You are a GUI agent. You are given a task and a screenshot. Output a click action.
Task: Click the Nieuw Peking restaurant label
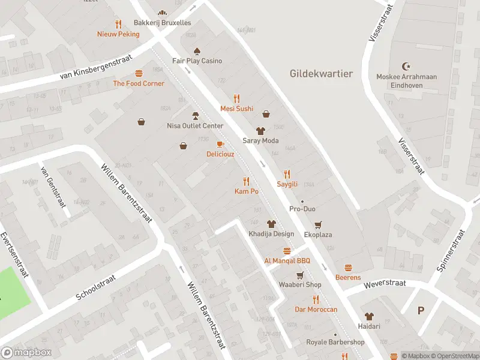tap(118, 34)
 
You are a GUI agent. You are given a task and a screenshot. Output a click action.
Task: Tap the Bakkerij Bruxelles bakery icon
tap(161, 13)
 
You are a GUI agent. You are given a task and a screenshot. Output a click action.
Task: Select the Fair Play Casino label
tap(197, 61)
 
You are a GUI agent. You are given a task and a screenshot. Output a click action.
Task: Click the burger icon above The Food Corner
tap(139, 73)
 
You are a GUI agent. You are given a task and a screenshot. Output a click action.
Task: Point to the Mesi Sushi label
tap(236, 109)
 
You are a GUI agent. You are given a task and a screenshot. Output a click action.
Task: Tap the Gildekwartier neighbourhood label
tap(321, 74)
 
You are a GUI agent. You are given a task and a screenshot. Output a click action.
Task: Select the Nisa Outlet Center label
tap(194, 126)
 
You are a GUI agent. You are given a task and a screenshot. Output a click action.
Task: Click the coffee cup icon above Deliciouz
tap(220, 144)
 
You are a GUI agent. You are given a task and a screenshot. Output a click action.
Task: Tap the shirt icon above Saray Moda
tap(260, 130)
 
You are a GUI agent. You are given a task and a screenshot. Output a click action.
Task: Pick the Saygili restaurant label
tap(287, 184)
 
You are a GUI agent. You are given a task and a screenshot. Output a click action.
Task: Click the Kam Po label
tap(246, 191)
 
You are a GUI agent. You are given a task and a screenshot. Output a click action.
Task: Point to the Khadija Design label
tap(271, 233)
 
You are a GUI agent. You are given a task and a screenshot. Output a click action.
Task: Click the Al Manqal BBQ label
tap(287, 260)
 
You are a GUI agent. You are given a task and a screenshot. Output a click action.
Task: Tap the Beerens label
tap(348, 277)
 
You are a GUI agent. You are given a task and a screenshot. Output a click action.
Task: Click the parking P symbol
tap(421, 310)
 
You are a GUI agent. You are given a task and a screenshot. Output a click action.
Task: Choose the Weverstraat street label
tap(384, 283)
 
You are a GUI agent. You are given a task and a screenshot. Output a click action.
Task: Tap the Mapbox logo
tap(26, 353)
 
